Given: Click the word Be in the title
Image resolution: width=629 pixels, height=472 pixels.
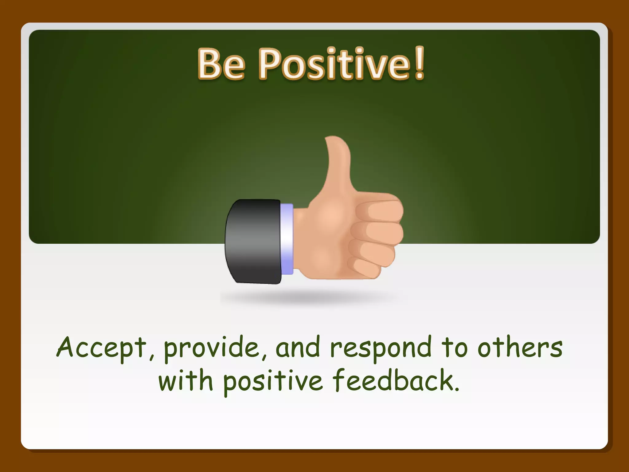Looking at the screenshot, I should pyautogui.click(x=221, y=64).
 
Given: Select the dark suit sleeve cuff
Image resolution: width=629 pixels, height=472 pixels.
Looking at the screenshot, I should pyautogui.click(x=253, y=241).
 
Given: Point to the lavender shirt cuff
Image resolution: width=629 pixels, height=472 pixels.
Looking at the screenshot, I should pyautogui.click(x=287, y=239).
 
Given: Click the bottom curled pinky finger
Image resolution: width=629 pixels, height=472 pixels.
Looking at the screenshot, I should pyautogui.click(x=365, y=267).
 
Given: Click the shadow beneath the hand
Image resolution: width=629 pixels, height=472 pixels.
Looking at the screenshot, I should pyautogui.click(x=310, y=297).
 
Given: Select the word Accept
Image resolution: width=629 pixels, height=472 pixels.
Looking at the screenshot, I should pyautogui.click(x=101, y=348).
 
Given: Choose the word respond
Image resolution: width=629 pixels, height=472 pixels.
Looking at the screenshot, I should pyautogui.click(x=381, y=349).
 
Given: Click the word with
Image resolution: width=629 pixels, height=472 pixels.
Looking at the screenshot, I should pyautogui.click(x=186, y=381).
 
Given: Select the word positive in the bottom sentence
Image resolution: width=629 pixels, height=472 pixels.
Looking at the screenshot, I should pyautogui.click(x=273, y=382).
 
